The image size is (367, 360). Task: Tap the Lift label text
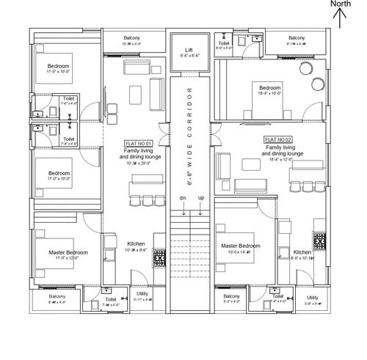click(189, 50)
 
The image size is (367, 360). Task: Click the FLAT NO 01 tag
click(138, 143)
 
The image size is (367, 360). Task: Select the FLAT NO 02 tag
click(278, 139)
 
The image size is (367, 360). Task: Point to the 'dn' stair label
click(182, 198)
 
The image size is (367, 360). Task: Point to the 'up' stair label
click(201, 198)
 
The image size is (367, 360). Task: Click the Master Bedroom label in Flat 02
click(240, 246)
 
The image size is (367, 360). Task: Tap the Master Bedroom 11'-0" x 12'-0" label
click(68, 252)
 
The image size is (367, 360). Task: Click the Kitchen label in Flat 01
click(136, 243)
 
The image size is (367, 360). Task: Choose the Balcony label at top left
click(132, 37)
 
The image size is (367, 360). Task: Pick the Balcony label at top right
click(297, 37)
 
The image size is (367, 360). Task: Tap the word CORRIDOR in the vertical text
click(189, 114)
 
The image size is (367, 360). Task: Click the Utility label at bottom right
click(313, 297)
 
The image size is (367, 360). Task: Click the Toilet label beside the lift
click(224, 43)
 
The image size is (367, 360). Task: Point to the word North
click(340, 4)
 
